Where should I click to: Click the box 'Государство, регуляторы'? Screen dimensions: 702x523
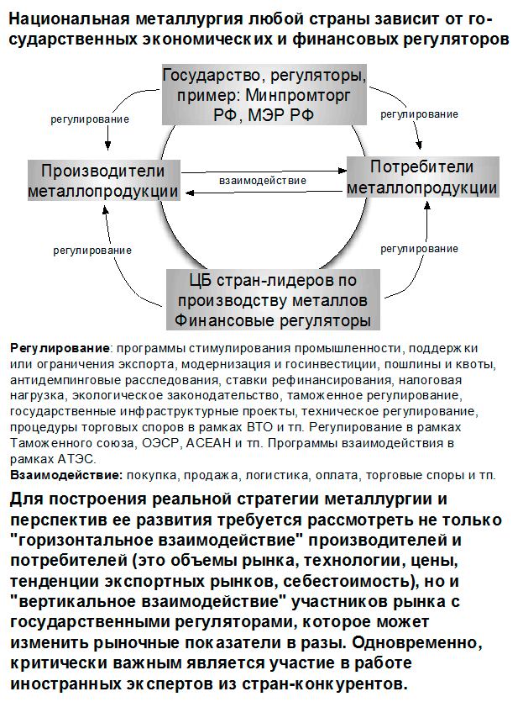[x=263, y=92]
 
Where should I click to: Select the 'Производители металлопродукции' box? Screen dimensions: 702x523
[x=104, y=180]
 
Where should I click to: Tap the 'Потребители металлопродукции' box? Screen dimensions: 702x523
[x=421, y=177]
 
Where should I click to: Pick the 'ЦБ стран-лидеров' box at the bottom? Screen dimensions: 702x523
[x=270, y=298]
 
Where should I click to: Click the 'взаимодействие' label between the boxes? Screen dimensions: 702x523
[x=263, y=180]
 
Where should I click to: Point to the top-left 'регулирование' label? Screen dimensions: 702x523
[x=91, y=119]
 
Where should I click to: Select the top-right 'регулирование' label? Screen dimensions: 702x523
[x=420, y=114]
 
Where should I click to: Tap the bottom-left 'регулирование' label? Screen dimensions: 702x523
[x=92, y=250]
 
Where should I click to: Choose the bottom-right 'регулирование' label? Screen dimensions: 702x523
[x=420, y=249]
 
